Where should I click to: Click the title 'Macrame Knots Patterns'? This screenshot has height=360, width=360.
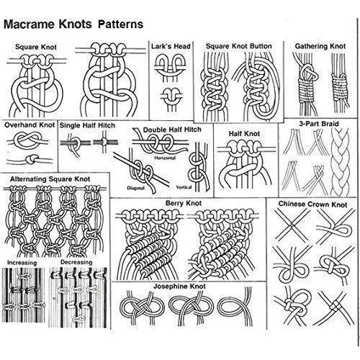coord(73,24)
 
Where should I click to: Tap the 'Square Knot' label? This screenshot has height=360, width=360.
coord(36,47)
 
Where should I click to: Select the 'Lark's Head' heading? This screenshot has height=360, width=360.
coord(171,46)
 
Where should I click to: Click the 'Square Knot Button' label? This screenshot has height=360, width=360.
coord(239,46)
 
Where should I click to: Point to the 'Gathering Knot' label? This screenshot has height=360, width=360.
coord(320,46)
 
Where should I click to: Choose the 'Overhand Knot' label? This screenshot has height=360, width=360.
coord(30,125)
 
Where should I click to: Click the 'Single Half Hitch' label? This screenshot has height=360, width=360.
coord(87,125)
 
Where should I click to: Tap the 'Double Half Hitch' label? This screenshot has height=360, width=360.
coord(172,130)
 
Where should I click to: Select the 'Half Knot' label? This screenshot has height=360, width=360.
coord(244,133)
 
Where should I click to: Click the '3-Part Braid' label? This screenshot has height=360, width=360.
coord(319,124)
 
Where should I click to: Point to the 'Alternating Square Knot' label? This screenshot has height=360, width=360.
coord(50,179)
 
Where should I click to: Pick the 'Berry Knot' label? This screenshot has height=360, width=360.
coord(184,203)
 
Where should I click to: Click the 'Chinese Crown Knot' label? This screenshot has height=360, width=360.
coord(313,204)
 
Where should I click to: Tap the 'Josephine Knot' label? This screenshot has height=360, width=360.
coord(179,286)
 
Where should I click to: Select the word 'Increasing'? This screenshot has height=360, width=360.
coord(22,263)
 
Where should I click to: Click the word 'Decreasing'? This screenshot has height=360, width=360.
coord(76,262)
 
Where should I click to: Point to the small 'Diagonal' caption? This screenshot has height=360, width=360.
coord(136,188)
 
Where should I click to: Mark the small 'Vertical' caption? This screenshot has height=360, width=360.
coord(184,187)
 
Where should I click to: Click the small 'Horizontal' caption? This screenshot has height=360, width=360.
coord(165,158)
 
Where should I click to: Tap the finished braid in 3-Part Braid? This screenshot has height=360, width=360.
coord(340,162)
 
